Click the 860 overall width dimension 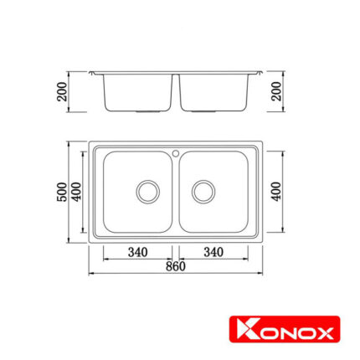click(175, 266)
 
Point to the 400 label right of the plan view click(277, 192)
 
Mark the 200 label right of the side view click(277, 91)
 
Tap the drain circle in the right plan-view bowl click(203, 190)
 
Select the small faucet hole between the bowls click(176, 152)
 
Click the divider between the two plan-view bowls click(176, 193)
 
